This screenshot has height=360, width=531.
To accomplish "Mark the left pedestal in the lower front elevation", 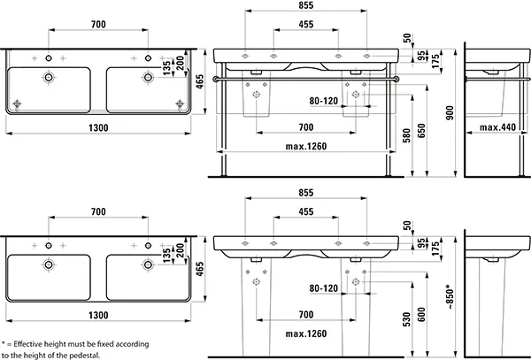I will click(258, 295).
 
